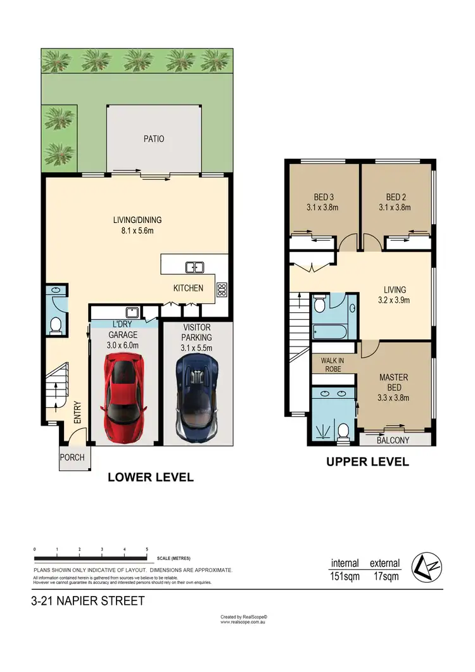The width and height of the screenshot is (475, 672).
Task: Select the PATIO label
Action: click(x=153, y=138)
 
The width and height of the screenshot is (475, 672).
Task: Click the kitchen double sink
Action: click(x=194, y=267)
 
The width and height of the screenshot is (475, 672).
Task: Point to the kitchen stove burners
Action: click(x=222, y=290)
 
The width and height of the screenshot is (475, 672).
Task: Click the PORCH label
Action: click(x=72, y=457)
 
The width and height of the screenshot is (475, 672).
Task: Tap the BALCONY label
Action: click(x=393, y=440)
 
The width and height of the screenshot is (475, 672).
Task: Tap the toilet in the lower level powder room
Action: click(x=55, y=325)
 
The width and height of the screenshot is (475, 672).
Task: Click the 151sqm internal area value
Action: click(x=345, y=576)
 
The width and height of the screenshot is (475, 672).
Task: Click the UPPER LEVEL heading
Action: click(x=367, y=462)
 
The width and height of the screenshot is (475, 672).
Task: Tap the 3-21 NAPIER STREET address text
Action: click(x=87, y=600)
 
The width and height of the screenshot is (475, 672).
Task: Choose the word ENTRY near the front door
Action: click(x=78, y=412)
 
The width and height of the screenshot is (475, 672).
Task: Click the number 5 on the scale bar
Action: click(x=147, y=550)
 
